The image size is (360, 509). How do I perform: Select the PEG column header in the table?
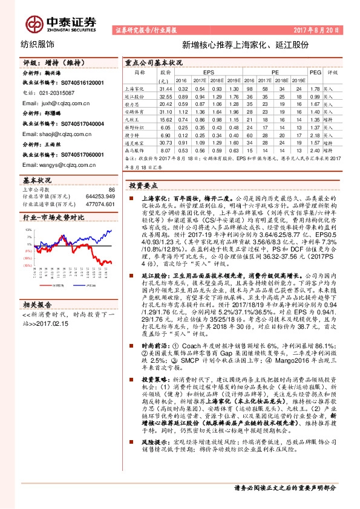[x=315, y=72]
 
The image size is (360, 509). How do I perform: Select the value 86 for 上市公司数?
[x=111, y=190]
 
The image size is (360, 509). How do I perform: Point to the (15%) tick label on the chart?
[x=28, y=264]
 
